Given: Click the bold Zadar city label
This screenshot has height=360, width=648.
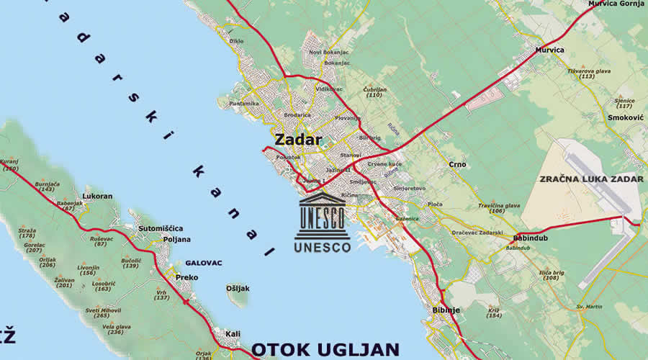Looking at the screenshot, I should point(297,140).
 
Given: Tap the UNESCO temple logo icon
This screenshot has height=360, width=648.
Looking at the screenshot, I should point(322,215).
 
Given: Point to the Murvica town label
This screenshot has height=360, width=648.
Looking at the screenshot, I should point(550,50).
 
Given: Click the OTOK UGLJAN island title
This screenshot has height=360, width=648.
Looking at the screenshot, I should point(325,349).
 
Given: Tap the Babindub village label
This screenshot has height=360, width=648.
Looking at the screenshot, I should point(532,238).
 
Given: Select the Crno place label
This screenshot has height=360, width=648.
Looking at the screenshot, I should point(457,164).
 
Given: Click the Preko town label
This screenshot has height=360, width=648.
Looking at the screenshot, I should point(187,277).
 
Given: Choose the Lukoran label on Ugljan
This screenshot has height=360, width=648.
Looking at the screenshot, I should point(98,196).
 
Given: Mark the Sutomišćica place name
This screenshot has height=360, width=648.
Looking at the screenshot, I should point(161,228).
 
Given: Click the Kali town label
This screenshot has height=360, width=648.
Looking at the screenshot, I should point(233,334).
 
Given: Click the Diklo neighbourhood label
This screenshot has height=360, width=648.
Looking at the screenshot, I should point(236,41).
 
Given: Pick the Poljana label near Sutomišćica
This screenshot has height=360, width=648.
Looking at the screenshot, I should point(176,239).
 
